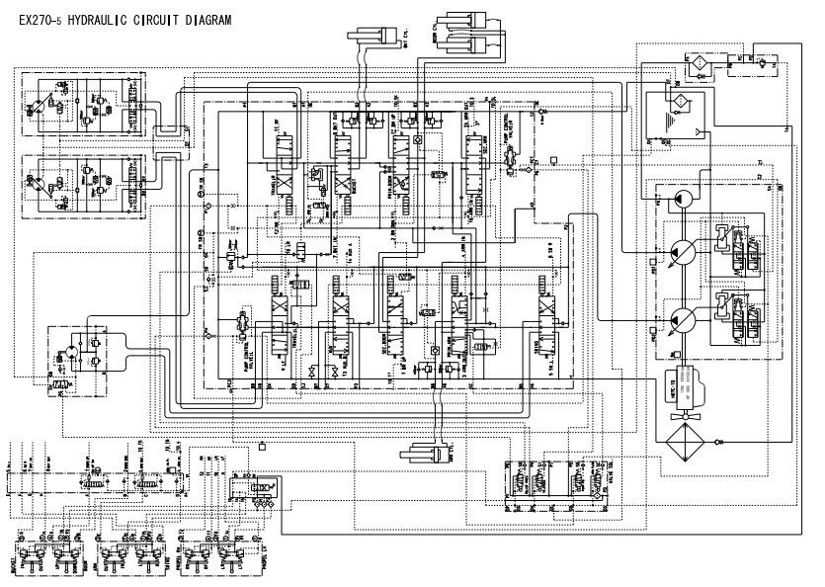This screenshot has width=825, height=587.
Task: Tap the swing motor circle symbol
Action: (x=70, y=355)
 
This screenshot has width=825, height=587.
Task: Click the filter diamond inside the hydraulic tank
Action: (x=679, y=102)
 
